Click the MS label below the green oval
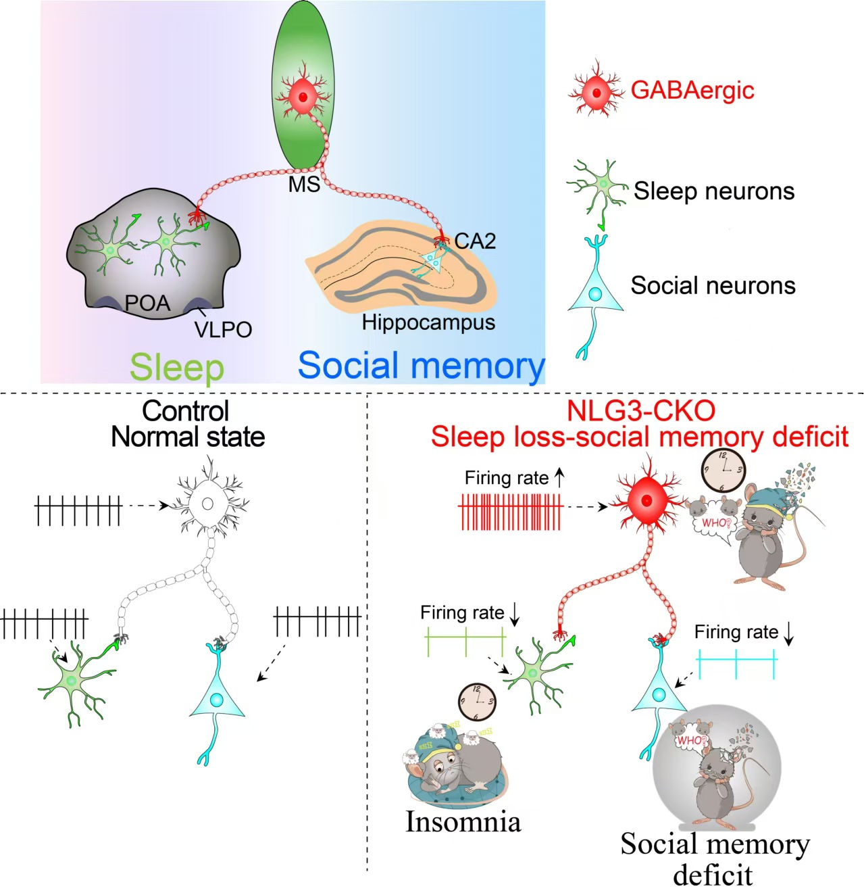click(x=304, y=185)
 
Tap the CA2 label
click(x=475, y=241)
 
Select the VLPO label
click(x=224, y=329)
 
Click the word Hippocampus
click(x=428, y=322)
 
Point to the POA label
click(x=147, y=303)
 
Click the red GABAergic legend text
click(x=692, y=90)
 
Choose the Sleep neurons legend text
click(x=714, y=191)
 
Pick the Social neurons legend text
click(x=713, y=286)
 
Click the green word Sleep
click(x=177, y=368)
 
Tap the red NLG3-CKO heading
click(x=640, y=411)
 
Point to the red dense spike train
click(x=510, y=512)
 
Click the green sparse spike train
click(x=465, y=641)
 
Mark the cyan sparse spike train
click(x=737, y=664)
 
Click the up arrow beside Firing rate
click(x=559, y=477)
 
